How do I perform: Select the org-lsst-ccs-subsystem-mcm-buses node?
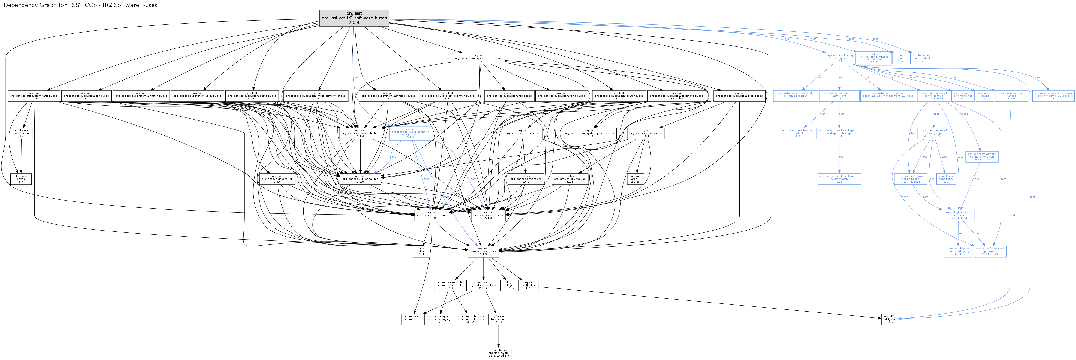pyautogui.click(x=479, y=58)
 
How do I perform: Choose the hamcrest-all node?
pyautogui.click(x=921, y=58)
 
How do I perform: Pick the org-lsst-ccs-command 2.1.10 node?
pyautogui.click(x=432, y=215)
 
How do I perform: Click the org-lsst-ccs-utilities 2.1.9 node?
pyautogui.click(x=483, y=251)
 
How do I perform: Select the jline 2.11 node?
pyautogui.click(x=421, y=251)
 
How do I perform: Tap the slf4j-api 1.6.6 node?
pyautogui.click(x=889, y=319)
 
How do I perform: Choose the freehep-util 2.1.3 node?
pyautogui.click(x=498, y=319)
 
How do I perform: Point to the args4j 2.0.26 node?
pyautogui.click(x=635, y=179)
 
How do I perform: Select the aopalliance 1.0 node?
pyautogui.click(x=946, y=179)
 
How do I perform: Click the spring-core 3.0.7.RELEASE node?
pyautogui.click(x=958, y=215)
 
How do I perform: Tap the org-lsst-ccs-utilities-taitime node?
pyautogui.click(x=360, y=179)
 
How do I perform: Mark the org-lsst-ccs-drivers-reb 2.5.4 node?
pyautogui.click(x=277, y=179)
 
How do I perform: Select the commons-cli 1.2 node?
pyautogui.click(x=412, y=319)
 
